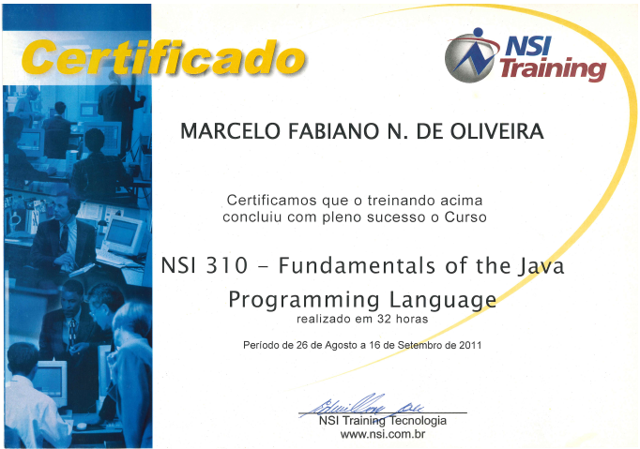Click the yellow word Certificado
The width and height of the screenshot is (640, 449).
click(x=163, y=57)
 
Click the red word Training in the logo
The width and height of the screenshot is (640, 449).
click(x=553, y=68)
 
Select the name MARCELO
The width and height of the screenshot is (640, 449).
click(x=230, y=131)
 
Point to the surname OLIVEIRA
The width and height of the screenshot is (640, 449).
click(x=496, y=131)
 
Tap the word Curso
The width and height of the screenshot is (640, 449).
click(x=465, y=217)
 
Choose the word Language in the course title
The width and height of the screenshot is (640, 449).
click(x=443, y=300)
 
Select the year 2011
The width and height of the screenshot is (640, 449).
click(x=470, y=345)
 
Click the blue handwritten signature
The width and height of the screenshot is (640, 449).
click(x=363, y=405)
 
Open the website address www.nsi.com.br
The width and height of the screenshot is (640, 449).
click(x=383, y=434)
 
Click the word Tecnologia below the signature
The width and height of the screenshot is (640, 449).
click(x=419, y=421)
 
